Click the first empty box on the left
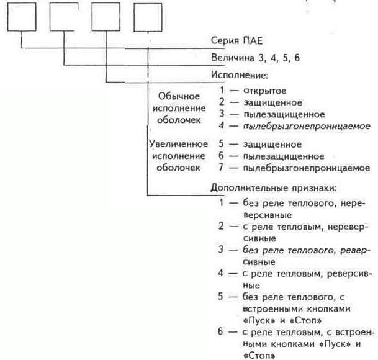click(22, 17)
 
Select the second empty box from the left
click(64, 17)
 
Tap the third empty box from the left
click(106, 17)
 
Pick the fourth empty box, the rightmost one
click(148, 17)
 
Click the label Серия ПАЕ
click(236, 41)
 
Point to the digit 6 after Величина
click(297, 58)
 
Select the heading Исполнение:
click(240, 75)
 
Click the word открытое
click(265, 91)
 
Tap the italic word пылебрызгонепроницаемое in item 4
click(307, 126)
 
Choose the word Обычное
click(179, 96)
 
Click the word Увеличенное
click(178, 144)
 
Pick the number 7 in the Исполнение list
click(221, 168)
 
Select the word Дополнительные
click(250, 188)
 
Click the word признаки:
click(314, 188)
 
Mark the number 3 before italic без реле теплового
click(221, 250)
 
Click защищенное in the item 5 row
click(272, 145)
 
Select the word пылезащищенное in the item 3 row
click(284, 115)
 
